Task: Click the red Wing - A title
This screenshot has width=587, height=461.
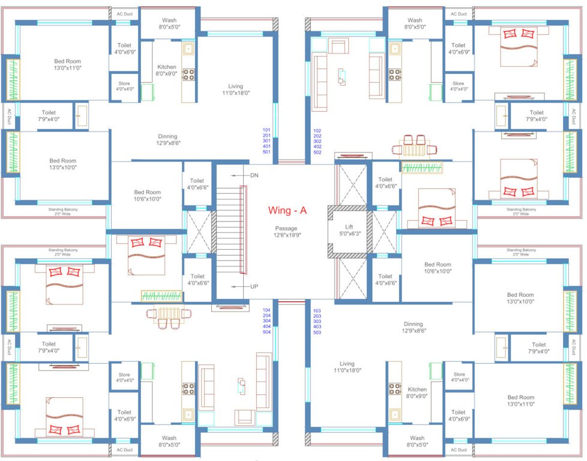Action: click(x=287, y=210)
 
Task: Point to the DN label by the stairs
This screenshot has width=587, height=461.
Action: click(x=254, y=175)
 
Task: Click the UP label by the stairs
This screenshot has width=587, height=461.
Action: click(x=254, y=287)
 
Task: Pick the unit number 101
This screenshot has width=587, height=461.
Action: click(x=266, y=130)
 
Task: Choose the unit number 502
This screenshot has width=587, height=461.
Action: click(x=318, y=152)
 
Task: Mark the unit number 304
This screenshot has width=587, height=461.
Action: click(x=266, y=321)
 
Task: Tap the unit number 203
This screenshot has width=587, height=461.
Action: click(x=318, y=316)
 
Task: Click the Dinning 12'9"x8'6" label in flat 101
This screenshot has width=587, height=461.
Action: click(x=167, y=139)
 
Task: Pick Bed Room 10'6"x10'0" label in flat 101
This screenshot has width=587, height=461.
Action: click(x=147, y=195)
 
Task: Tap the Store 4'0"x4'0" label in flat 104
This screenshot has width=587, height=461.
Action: click(x=124, y=378)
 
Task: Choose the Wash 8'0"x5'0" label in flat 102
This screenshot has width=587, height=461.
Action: click(x=415, y=23)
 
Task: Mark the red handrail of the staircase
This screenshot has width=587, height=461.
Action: click(x=243, y=230)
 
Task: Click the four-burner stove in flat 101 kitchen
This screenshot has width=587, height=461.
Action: click(x=188, y=74)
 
